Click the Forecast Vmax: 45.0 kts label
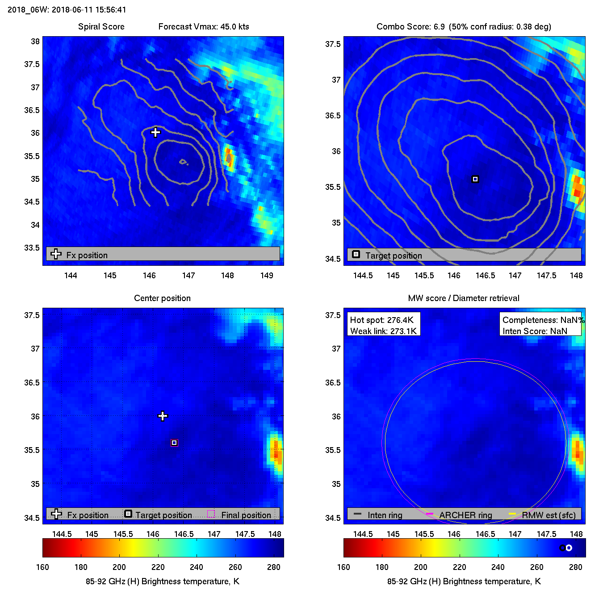[x=204, y=26]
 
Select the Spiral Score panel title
[x=101, y=26]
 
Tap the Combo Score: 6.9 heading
[x=410, y=26]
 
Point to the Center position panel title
[x=162, y=298]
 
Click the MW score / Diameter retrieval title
[x=464, y=298]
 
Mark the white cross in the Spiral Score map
[x=155, y=132]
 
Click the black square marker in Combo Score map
[x=475, y=179]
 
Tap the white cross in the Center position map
[x=163, y=416]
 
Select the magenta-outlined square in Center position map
[x=175, y=443]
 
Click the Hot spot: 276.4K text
[x=382, y=320]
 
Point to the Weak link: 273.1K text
[x=383, y=331]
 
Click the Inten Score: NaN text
[x=535, y=331]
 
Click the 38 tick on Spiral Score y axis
[x=35, y=42]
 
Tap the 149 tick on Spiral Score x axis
[x=267, y=275]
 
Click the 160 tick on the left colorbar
[x=43, y=567]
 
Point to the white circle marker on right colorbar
[x=569, y=548]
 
